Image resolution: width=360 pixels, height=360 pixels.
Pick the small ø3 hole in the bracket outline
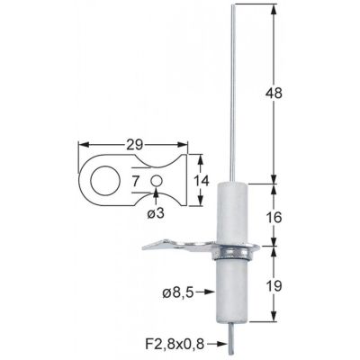[x=157, y=181]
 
